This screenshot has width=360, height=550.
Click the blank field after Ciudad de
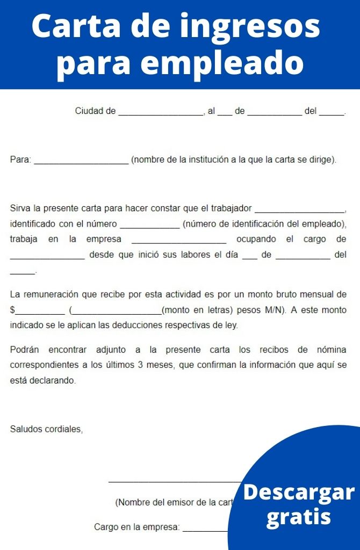click(x=160, y=112)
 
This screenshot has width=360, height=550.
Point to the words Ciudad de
click(x=95, y=111)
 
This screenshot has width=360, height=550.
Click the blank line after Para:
click(x=81, y=160)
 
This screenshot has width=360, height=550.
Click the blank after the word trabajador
click(x=300, y=208)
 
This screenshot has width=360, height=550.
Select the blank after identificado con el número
click(x=150, y=224)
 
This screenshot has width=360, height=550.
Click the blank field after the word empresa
click(x=178, y=240)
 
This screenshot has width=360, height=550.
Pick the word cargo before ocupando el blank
click(x=314, y=239)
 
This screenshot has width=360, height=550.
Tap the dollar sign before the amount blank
click(x=12, y=310)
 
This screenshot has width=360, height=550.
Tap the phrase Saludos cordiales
click(x=46, y=429)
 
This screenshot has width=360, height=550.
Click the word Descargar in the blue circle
click(x=299, y=492)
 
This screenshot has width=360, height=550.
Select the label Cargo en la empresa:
click(x=136, y=527)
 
